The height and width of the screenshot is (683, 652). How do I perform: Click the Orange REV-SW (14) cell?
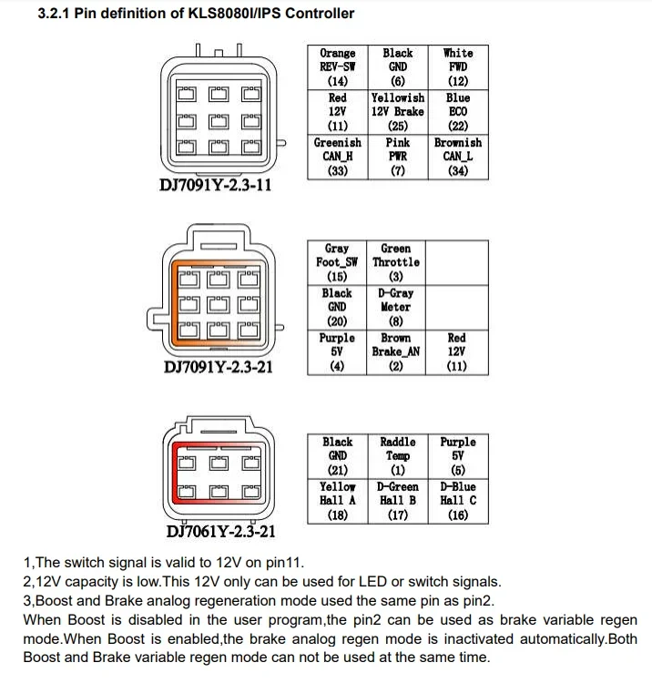[338, 66]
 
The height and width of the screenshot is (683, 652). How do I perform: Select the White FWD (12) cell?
[458, 66]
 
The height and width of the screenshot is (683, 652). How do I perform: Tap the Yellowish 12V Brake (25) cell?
[398, 111]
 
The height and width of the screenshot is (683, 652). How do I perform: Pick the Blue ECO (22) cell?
[458, 111]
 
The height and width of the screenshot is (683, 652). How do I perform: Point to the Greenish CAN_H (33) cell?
[338, 156]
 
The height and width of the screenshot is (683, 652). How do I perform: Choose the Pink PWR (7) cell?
[398, 156]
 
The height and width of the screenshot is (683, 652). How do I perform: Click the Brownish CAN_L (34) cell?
[458, 156]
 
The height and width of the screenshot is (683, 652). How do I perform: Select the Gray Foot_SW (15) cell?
[337, 262]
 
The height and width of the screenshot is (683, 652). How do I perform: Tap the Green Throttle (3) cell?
[396, 262]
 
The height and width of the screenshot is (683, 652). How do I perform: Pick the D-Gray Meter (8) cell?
[396, 307]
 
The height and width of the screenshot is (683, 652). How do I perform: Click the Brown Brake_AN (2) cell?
[396, 352]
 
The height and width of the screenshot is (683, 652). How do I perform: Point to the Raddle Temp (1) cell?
[398, 455]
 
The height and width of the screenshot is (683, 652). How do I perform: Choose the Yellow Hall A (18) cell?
[338, 500]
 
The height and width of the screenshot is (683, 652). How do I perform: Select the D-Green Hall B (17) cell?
[398, 500]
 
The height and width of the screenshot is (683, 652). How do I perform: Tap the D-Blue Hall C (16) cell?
[458, 500]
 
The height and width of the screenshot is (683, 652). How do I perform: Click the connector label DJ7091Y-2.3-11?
[216, 185]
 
